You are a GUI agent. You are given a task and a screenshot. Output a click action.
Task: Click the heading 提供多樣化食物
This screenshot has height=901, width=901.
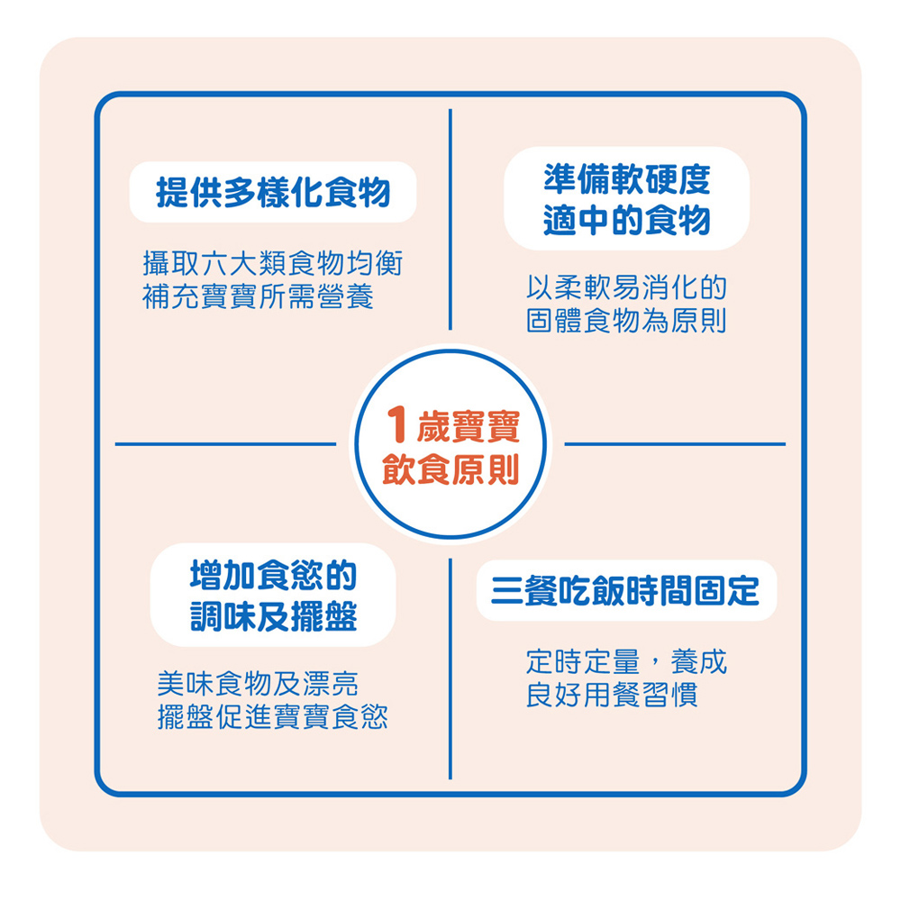(273, 193)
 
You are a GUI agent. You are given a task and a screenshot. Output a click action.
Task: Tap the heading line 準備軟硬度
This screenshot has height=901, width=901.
(627, 179)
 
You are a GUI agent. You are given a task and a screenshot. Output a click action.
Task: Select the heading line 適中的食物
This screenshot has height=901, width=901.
(627, 220)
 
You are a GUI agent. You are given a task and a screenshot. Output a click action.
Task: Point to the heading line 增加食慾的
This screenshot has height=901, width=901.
(274, 575)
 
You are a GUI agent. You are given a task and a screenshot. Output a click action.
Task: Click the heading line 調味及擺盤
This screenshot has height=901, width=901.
(274, 616)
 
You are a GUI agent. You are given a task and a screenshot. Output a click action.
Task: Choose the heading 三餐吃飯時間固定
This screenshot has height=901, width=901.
(625, 591)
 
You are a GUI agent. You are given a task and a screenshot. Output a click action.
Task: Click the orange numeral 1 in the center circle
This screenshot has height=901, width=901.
(396, 424)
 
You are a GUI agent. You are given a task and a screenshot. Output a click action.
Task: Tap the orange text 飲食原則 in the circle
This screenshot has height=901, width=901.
(451, 469)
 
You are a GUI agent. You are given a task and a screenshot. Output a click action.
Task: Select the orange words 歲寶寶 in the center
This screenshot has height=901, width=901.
(469, 426)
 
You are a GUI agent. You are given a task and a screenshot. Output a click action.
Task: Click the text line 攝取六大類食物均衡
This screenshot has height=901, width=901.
(273, 263)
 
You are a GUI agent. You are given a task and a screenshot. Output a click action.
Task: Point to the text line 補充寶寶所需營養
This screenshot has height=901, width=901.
(258, 296)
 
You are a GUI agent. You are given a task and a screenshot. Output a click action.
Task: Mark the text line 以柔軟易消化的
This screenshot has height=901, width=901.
(627, 287)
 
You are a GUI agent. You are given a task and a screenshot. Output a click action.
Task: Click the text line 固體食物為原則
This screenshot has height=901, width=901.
(627, 321)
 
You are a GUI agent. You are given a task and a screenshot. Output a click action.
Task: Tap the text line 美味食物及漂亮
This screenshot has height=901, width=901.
(258, 684)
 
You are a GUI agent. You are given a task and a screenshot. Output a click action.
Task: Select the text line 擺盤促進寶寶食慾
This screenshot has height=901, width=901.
(273, 717)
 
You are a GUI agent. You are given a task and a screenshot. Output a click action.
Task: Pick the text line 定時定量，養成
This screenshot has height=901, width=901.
(627, 662)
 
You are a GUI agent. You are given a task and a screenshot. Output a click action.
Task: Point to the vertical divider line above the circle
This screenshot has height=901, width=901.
(450, 220)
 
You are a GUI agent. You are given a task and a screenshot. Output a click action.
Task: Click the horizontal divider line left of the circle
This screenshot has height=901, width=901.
(225, 444)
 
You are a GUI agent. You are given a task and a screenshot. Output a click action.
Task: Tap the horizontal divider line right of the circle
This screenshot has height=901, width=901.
(675, 444)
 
